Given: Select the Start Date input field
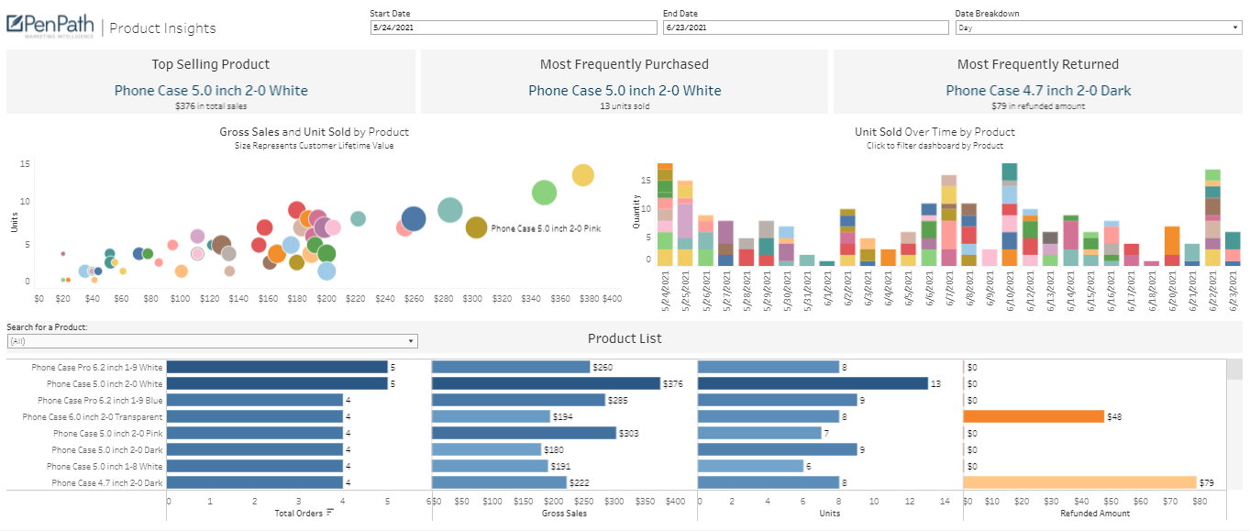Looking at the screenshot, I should pos(513,28).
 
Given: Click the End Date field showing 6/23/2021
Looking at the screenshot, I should pos(804,28).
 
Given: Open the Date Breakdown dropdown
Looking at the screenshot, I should pos(1098,28).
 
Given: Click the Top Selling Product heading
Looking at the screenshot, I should pos(211,64).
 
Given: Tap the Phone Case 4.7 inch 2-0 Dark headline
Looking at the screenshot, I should pos(1038,91).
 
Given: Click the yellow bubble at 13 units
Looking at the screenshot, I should pos(582,175).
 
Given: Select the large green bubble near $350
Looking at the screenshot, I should pos(544,193).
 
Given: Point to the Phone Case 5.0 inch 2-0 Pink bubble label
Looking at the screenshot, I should pos(546,228).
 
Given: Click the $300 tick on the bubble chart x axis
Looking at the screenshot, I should pos(472,299).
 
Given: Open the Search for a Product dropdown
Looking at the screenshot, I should pos(212,341).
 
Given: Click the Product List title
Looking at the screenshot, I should pos(625,338).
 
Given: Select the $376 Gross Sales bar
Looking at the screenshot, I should pos(546,383).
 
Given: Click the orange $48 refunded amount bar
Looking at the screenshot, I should pos(1033,416).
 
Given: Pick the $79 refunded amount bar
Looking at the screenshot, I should pos(1079,482).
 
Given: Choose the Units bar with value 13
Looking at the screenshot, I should pos(813,383).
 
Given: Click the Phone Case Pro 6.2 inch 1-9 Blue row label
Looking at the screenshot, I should pos(100,401).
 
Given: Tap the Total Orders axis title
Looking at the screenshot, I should pos(299,514).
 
